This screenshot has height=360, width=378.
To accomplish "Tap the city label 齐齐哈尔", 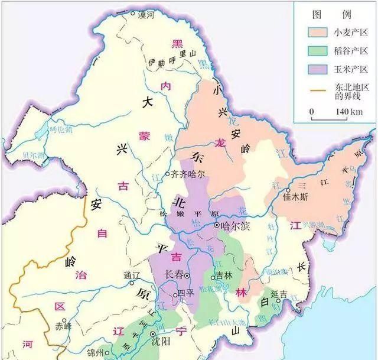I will coord(188,175).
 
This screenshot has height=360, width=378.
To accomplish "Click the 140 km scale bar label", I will coord(348,112).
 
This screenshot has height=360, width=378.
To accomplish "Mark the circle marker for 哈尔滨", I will coord(217,226).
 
